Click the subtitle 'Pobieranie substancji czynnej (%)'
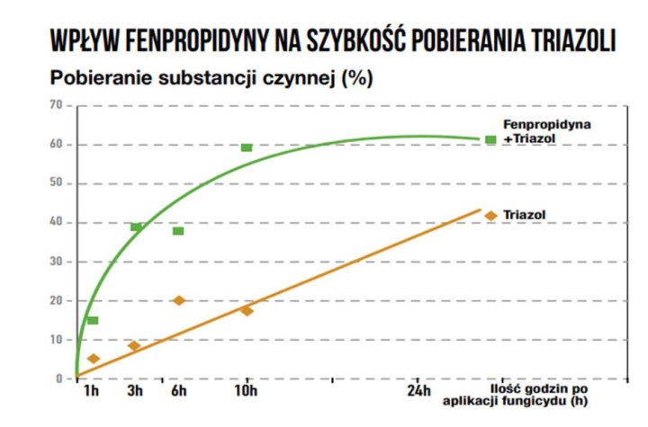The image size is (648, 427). (211, 78)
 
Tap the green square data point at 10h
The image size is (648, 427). (247, 147)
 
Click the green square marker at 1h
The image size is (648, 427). (93, 321)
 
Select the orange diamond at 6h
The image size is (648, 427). (178, 300)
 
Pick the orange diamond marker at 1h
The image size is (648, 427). (93, 359)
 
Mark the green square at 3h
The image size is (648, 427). (136, 227)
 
